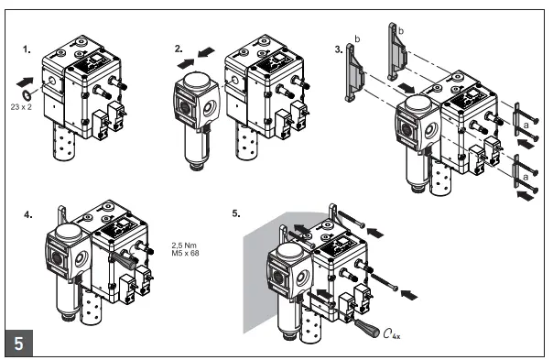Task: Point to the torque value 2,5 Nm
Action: (185, 245)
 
